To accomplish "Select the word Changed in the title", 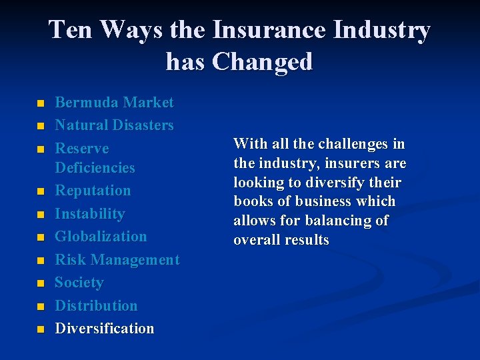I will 262,61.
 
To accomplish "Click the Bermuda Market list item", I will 114,103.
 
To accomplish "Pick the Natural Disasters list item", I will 114,125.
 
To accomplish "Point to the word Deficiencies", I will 95,168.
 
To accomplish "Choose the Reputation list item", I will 93,191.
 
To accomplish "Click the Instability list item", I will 89,214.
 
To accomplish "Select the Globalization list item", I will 101,237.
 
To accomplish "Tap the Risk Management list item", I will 117,260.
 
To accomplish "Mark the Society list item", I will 79,283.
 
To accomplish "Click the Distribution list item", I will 96,306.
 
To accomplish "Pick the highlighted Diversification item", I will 104,329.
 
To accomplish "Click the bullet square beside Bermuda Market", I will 41,104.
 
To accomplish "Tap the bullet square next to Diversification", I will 41,330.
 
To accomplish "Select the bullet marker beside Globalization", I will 41,238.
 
